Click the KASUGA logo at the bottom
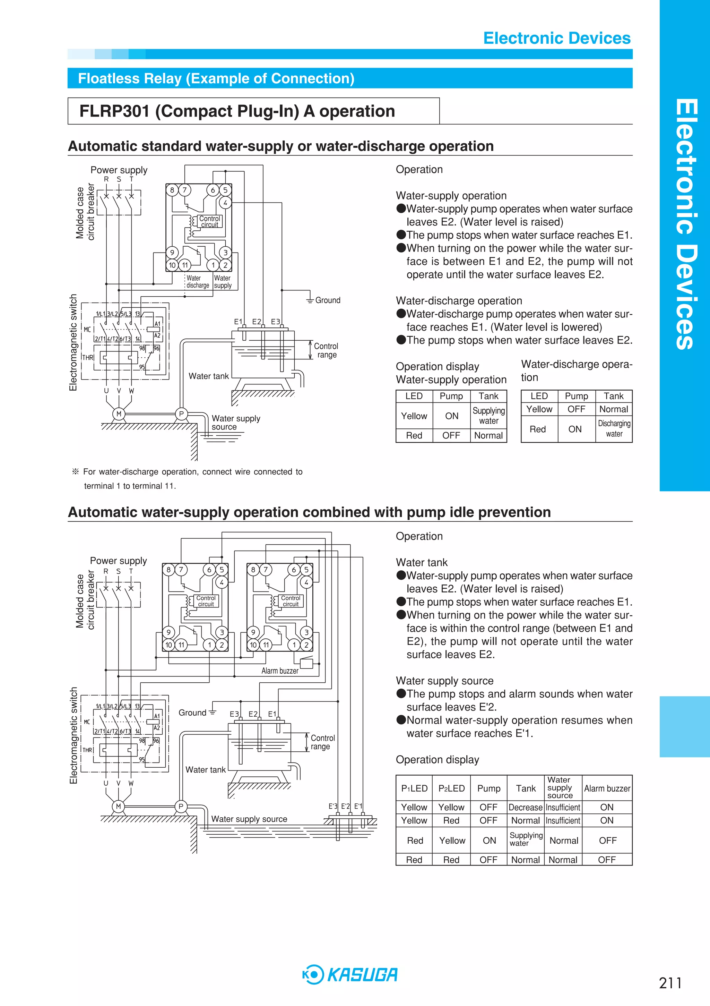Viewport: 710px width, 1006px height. pyautogui.click(x=350, y=974)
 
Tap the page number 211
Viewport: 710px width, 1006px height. pyautogui.click(x=670, y=983)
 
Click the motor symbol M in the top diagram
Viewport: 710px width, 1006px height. pyautogui.click(x=119, y=414)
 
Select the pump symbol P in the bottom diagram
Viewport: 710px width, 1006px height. pyautogui.click(x=181, y=806)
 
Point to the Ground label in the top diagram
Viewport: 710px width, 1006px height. pyautogui.click(x=328, y=300)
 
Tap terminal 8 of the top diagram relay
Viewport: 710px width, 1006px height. pyautogui.click(x=172, y=190)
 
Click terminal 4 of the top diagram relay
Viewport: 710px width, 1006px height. pyautogui.click(x=225, y=203)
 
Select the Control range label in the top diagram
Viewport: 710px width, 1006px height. pyautogui.click(x=326, y=350)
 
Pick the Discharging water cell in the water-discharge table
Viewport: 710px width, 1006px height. pyautogui.click(x=614, y=428)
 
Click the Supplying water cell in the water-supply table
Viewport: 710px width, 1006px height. pyautogui.click(x=489, y=415)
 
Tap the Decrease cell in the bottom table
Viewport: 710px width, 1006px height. pyautogui.click(x=526, y=807)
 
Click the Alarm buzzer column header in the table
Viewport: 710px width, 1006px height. pyautogui.click(x=607, y=788)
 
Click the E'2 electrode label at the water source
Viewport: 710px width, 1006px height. pyautogui.click(x=346, y=806)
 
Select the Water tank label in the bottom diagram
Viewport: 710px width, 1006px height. pyautogui.click(x=206, y=769)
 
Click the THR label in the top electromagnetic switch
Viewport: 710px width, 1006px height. pyautogui.click(x=88, y=358)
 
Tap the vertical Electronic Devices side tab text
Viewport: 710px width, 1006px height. pyautogui.click(x=685, y=223)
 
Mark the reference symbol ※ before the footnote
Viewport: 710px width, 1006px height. pyautogui.click(x=75, y=472)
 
